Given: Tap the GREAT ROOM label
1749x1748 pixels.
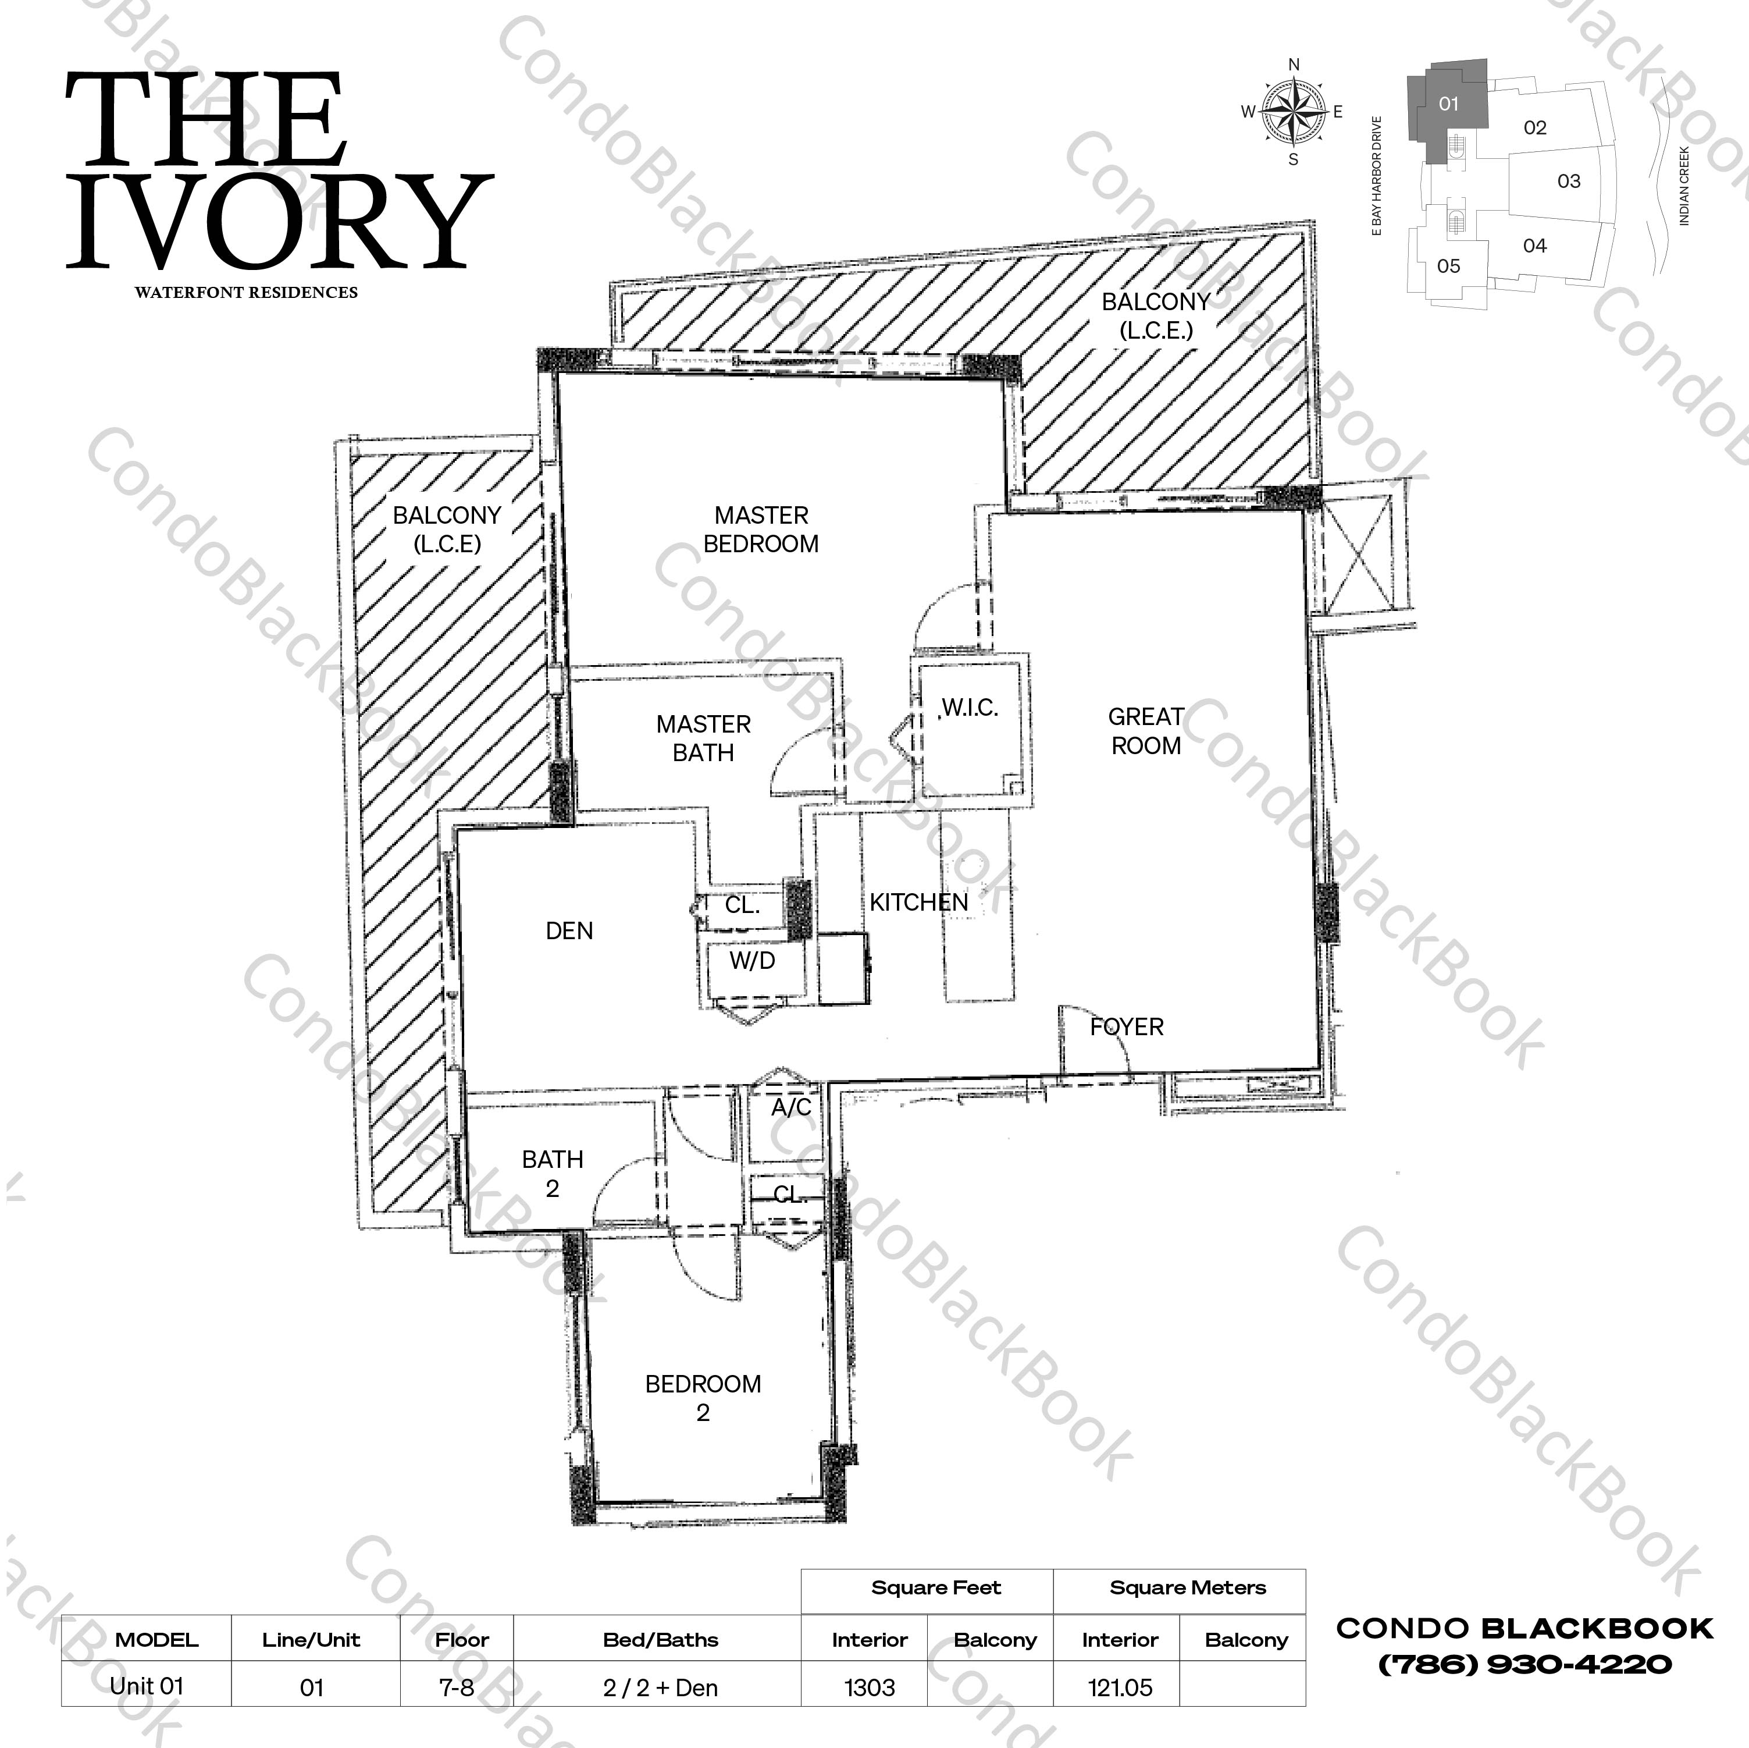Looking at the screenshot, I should (1145, 731).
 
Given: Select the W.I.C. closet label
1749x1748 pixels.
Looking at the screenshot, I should (970, 708).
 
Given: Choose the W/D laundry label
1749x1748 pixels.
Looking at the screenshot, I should (752, 961).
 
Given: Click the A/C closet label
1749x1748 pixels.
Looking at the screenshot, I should (790, 1108).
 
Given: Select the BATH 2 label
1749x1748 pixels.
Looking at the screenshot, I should (552, 1174).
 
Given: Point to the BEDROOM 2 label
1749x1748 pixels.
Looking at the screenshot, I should (703, 1398).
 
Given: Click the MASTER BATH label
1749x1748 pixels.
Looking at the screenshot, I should (703, 738).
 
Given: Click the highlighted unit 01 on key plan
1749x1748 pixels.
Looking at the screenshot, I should (1448, 104).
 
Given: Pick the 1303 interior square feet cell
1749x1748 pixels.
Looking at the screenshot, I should (869, 1688).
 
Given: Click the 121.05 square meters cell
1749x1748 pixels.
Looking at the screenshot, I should (1120, 1688).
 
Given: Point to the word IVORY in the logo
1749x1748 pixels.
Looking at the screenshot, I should (280, 222).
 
